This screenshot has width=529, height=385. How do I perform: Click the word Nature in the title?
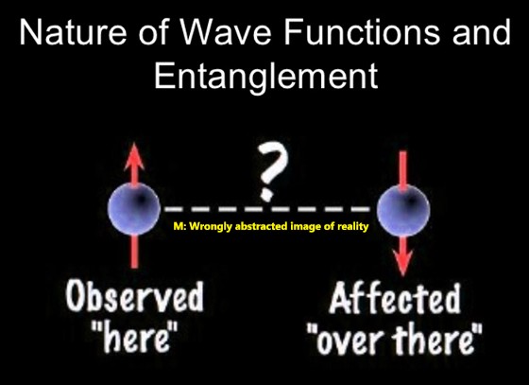tap(73, 32)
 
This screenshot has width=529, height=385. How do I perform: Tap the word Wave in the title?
tap(226, 32)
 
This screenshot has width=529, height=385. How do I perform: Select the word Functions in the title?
tap(363, 32)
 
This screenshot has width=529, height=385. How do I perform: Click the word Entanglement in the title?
tap(265, 76)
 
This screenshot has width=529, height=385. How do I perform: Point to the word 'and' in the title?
tap(482, 32)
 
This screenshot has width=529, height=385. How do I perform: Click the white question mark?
tap(272, 171)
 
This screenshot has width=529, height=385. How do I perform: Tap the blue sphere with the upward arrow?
tap(134, 209)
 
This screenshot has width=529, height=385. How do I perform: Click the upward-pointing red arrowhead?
tap(134, 156)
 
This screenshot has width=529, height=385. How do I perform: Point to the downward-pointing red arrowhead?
tap(402, 263)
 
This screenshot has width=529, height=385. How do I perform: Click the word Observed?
tap(134, 296)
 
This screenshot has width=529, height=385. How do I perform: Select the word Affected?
tap(395, 298)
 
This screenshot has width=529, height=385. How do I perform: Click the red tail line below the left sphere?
tap(134, 252)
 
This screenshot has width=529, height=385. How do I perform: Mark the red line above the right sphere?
tap(402, 168)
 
